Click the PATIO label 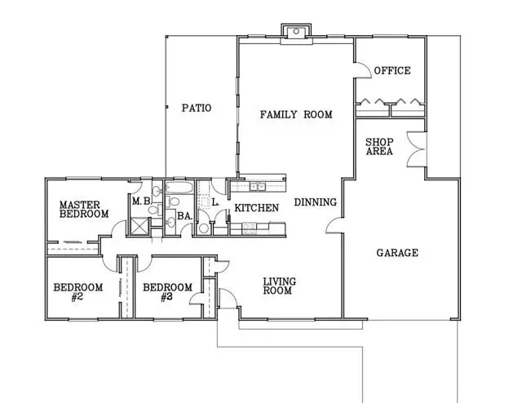(x=197, y=108)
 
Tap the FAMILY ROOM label (x=296, y=114)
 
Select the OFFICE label (x=392, y=71)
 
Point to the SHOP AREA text (x=379, y=147)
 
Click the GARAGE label (x=397, y=253)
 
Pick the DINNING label (x=316, y=202)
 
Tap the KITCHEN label (x=257, y=208)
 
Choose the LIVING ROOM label (x=279, y=286)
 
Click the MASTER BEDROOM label (x=84, y=209)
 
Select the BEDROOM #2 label (x=78, y=292)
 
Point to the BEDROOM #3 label (x=168, y=292)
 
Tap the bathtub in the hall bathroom (x=179, y=188)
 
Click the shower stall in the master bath (x=139, y=226)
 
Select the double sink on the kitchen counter (x=258, y=187)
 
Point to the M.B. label (x=142, y=201)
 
